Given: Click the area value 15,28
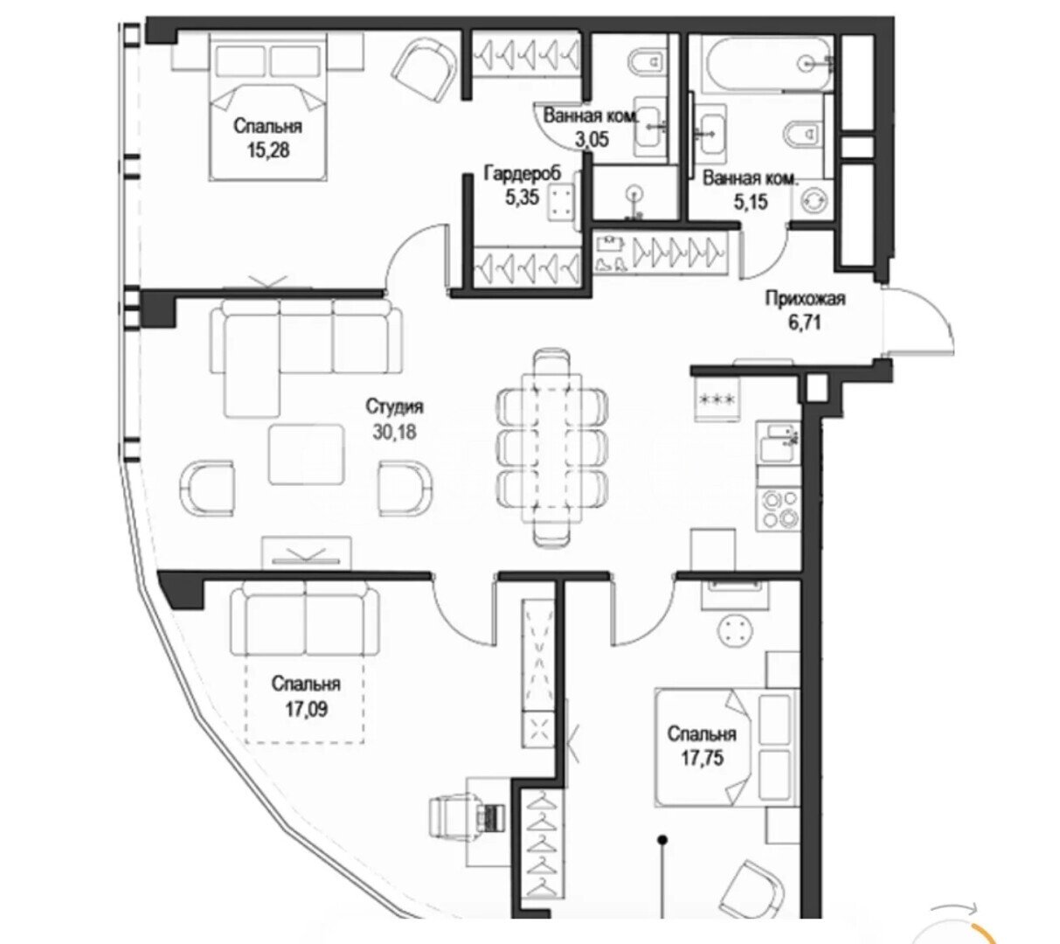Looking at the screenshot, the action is click(x=268, y=150).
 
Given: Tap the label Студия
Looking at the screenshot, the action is click(x=394, y=406).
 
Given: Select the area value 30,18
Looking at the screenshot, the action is click(x=394, y=432).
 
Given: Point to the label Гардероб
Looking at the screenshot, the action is click(x=523, y=173).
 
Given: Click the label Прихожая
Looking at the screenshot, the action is click(x=805, y=299).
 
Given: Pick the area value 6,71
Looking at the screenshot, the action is click(x=805, y=323).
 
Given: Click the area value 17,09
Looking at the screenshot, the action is click(x=307, y=710).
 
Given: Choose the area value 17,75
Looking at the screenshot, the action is click(x=702, y=758).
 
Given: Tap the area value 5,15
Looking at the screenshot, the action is click(x=751, y=201).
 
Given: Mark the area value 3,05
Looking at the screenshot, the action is click(x=592, y=140).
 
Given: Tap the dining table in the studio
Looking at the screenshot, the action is click(x=552, y=448).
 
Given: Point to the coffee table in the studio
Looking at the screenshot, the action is click(x=307, y=455).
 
